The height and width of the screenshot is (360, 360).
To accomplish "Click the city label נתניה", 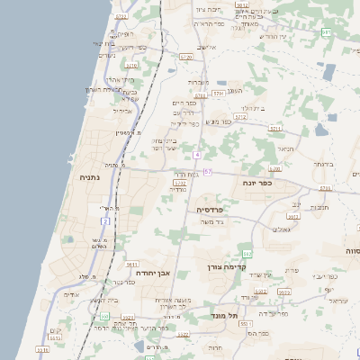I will tap(90, 177).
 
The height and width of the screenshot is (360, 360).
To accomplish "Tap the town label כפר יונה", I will tap(257, 183).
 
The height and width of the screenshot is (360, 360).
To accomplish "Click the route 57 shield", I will tap(208, 171).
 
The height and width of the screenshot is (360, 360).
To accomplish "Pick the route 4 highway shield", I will tap(196, 155).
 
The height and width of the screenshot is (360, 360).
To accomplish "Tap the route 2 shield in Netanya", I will tap(106, 220).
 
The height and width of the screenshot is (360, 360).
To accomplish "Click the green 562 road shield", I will tap(247, 255).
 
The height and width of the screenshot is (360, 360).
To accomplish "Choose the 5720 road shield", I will tap(186, 57).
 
